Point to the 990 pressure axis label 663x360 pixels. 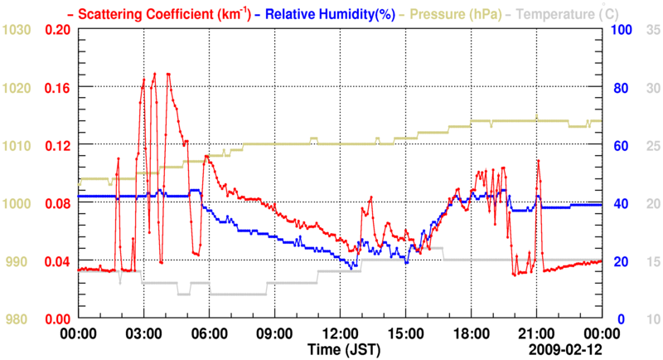click(21, 261)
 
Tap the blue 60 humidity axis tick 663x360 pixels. click(619, 145)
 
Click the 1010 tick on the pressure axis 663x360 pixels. click(17, 145)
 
